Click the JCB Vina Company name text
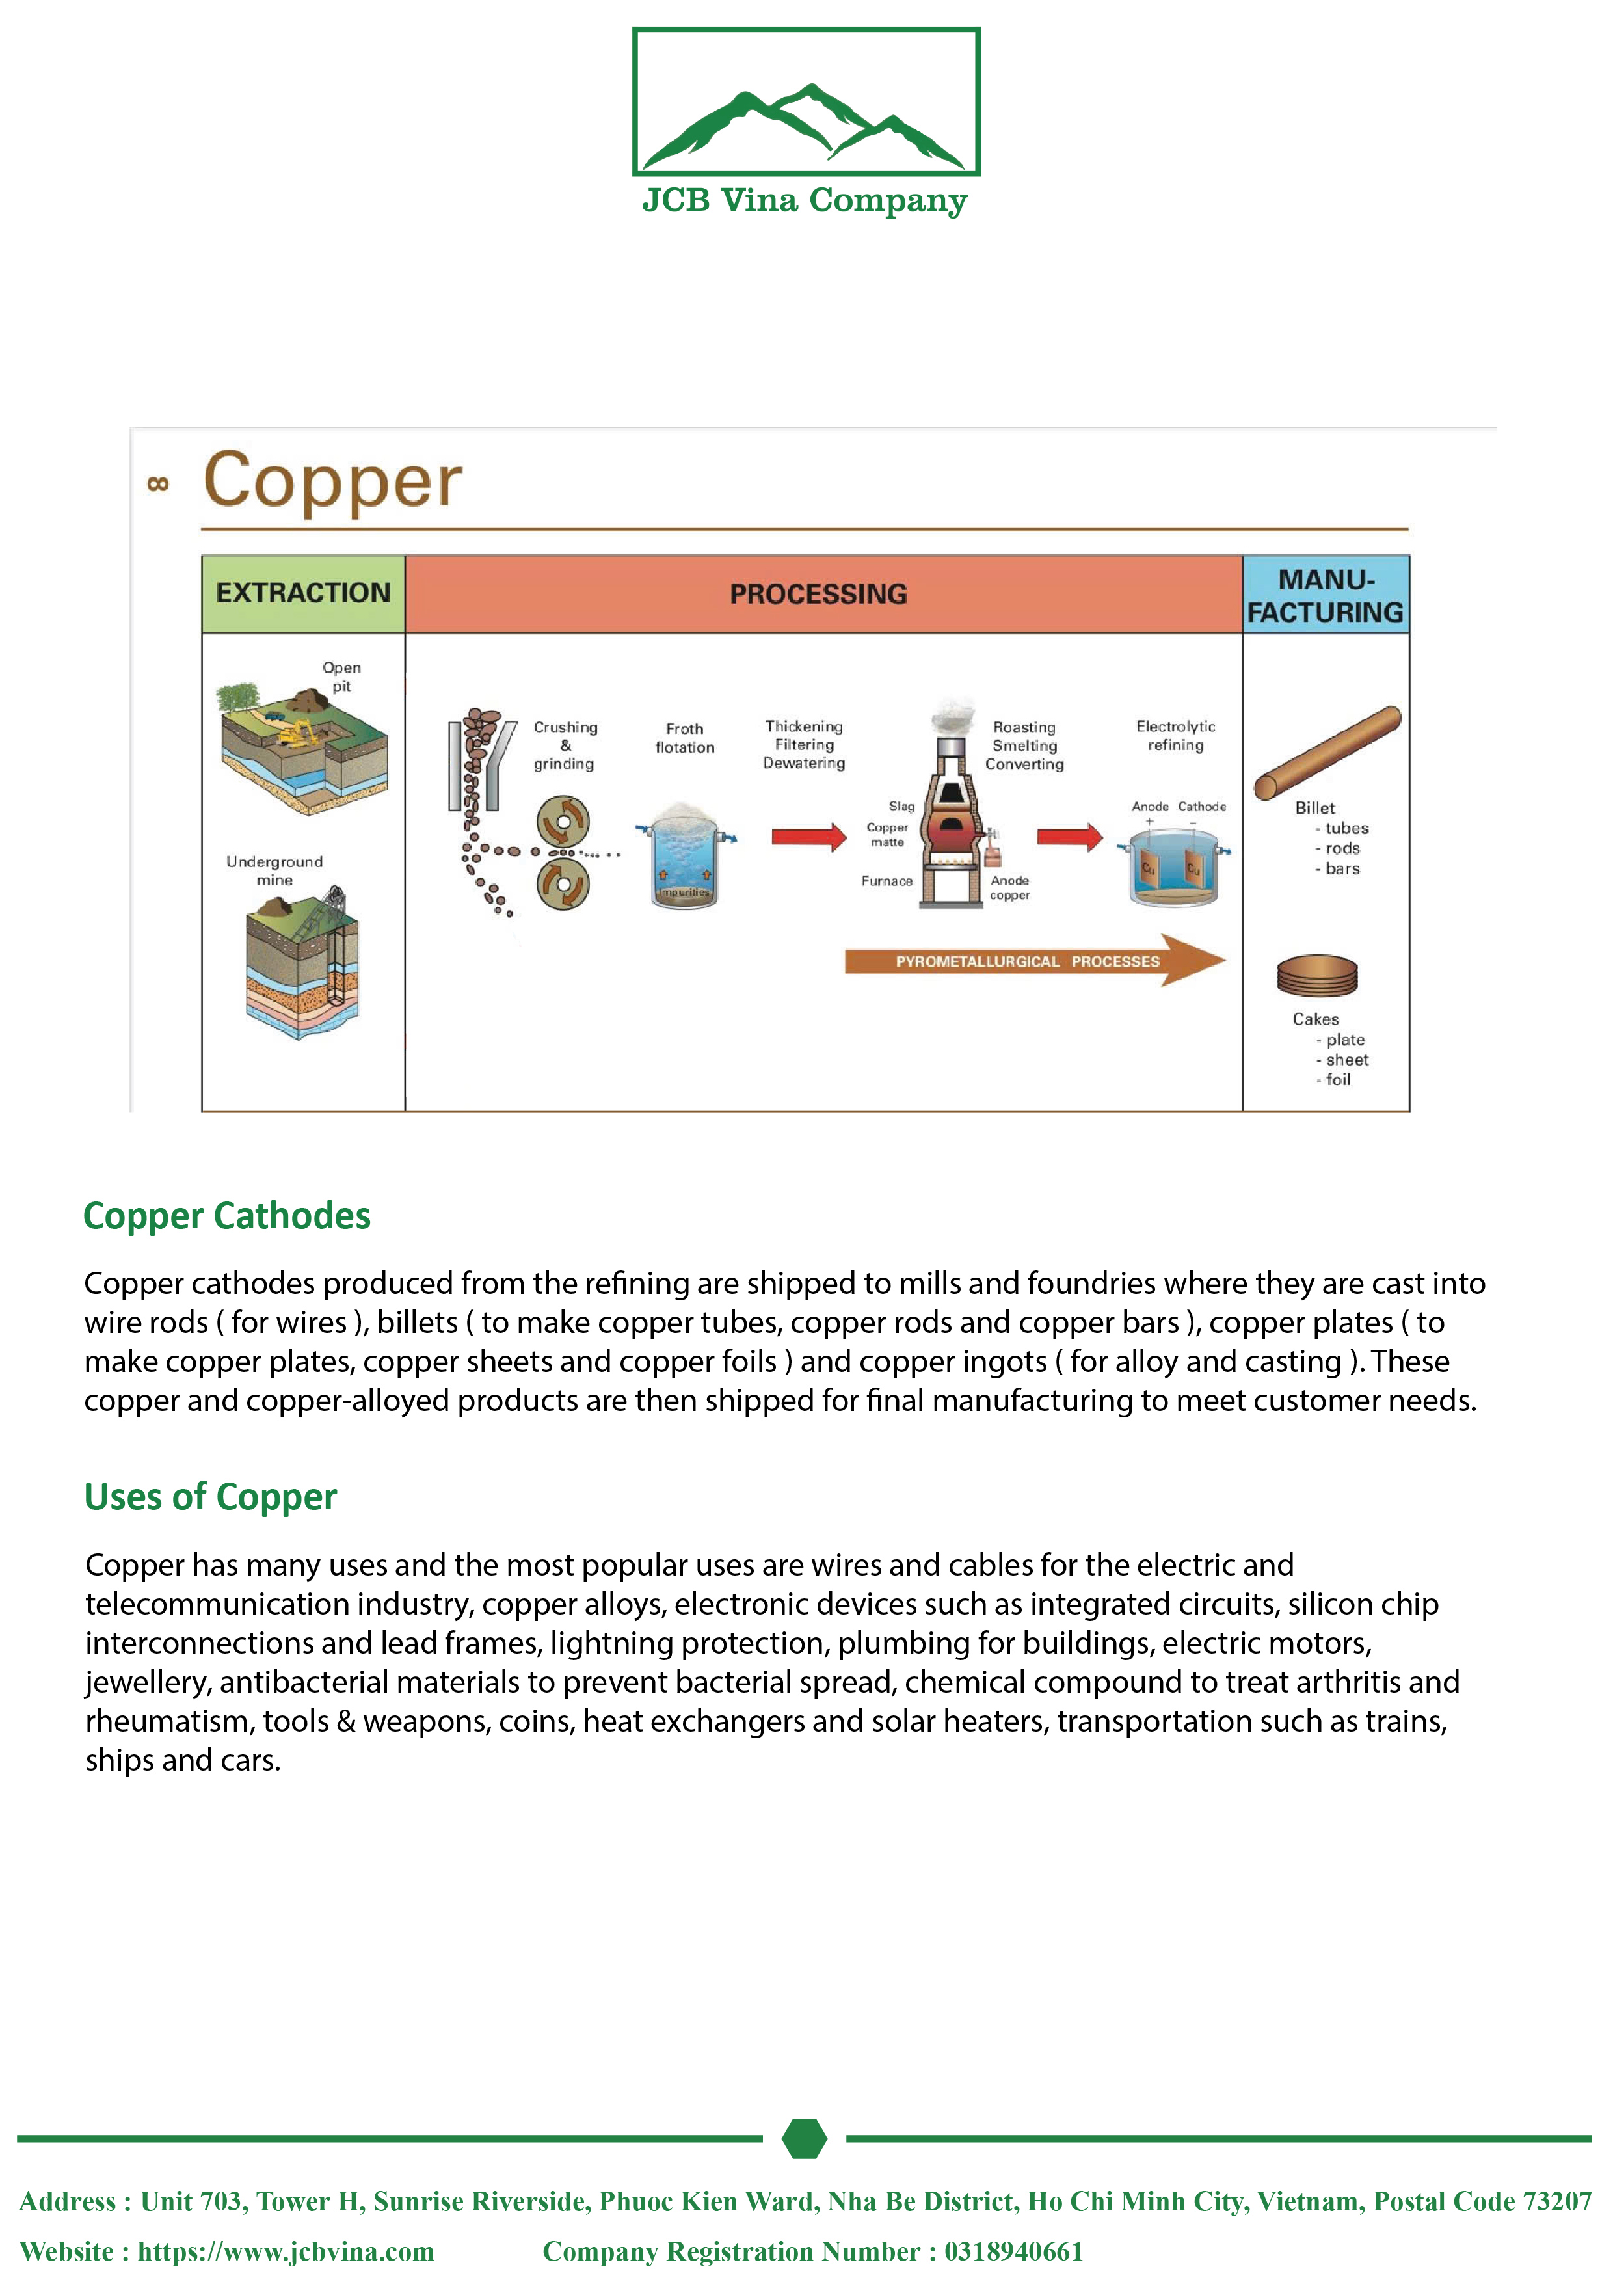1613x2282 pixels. click(805, 201)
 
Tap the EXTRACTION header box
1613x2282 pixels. click(303, 593)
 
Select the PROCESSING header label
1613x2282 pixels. click(818, 595)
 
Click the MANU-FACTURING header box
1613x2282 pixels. click(1326, 595)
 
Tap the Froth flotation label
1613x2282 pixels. click(685, 738)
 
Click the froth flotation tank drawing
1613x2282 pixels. click(685, 857)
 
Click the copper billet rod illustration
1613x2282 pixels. click(1327, 753)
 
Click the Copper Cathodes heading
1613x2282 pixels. click(226, 1216)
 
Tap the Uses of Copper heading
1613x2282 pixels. click(211, 1497)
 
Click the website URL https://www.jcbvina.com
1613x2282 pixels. click(286, 2251)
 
